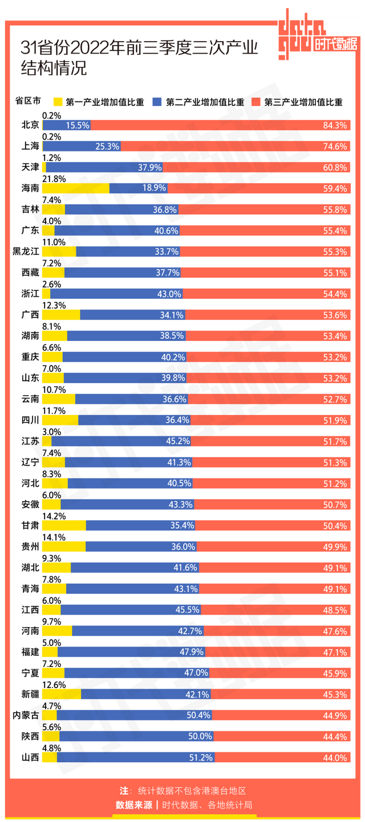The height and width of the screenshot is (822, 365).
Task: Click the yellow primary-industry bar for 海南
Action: coord(75,188)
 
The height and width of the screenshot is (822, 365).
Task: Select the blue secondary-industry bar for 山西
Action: coord(136,758)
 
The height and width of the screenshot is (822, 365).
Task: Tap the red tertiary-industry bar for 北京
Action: coord(220,125)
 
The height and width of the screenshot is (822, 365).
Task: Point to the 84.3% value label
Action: coord(336,125)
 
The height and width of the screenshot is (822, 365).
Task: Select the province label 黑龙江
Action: coord(26,251)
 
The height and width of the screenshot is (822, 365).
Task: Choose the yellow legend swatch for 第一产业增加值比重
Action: coord(57,103)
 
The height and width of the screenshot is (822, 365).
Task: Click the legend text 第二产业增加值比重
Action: coord(205,103)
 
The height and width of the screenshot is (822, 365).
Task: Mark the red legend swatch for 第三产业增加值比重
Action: coord(255,103)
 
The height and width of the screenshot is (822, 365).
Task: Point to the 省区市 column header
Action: coord(27,102)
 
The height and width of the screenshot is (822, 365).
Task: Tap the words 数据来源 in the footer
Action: coord(134,804)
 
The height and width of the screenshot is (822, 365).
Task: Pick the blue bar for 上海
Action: coord(81,146)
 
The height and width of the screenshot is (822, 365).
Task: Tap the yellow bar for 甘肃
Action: coord(64,526)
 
